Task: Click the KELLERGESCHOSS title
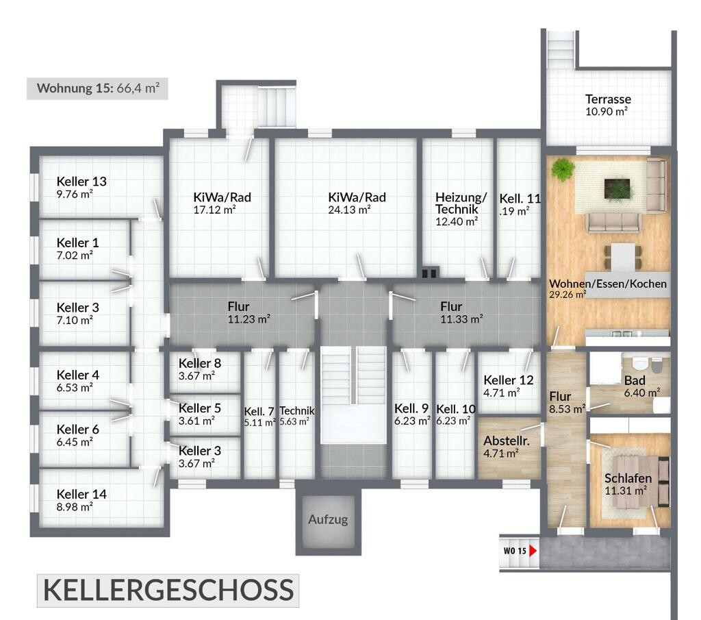coord(168,591)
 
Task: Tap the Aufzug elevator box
coord(327,519)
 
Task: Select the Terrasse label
coord(608,99)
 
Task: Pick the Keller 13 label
coord(81,182)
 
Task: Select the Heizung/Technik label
coord(461,203)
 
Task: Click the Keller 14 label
coord(81,494)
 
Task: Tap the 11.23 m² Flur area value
coord(248,319)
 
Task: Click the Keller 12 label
coord(509,380)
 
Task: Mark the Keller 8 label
coord(199,363)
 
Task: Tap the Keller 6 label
coord(77,430)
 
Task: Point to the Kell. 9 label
coord(411,409)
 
